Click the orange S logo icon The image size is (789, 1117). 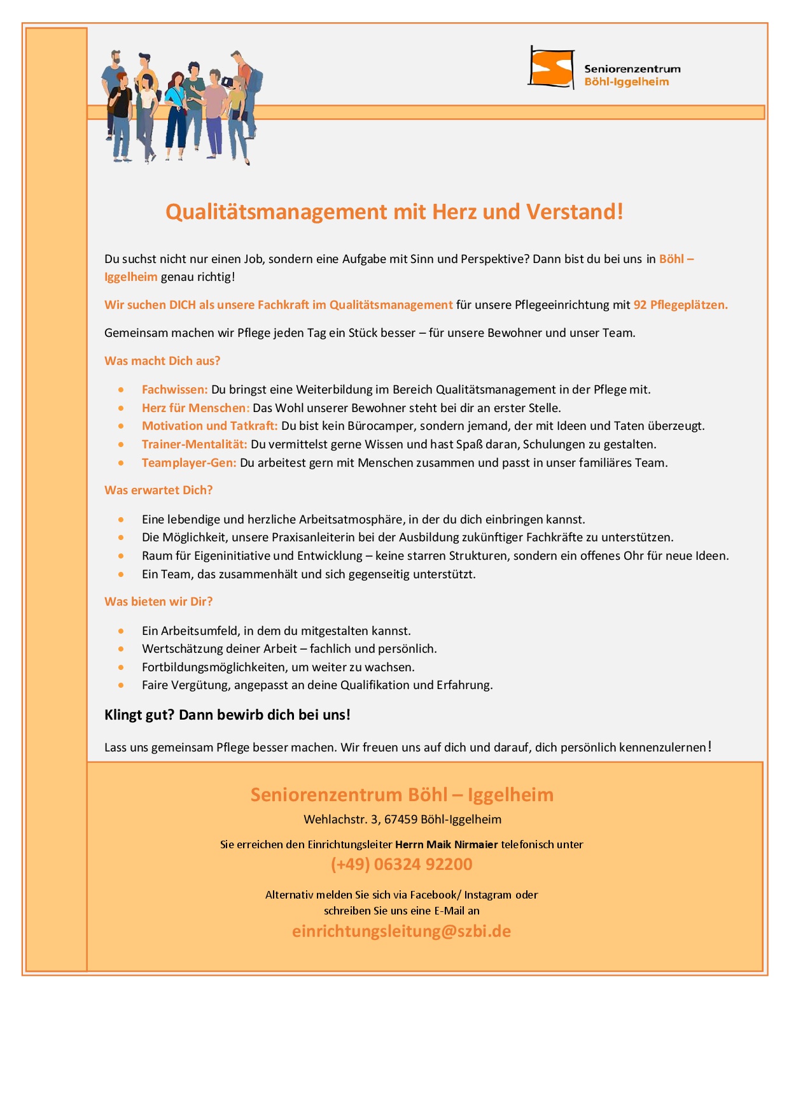[550, 68]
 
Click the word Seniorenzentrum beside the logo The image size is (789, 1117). [632, 69]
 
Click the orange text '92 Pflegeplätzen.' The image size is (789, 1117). [680, 304]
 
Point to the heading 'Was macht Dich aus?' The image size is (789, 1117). [162, 360]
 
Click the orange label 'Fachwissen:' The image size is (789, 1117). [175, 389]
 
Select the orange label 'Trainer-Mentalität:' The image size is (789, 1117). [195, 444]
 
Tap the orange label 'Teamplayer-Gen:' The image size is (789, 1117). [189, 462]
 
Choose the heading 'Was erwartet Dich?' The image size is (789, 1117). [158, 490]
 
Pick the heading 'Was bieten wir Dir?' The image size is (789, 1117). [158, 601]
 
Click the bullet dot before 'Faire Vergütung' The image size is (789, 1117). [121, 685]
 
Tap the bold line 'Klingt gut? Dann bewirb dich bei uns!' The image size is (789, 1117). [227, 715]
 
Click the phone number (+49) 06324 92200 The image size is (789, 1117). [401, 864]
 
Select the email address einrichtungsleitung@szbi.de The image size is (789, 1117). [401, 931]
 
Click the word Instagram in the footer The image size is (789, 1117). [488, 894]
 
